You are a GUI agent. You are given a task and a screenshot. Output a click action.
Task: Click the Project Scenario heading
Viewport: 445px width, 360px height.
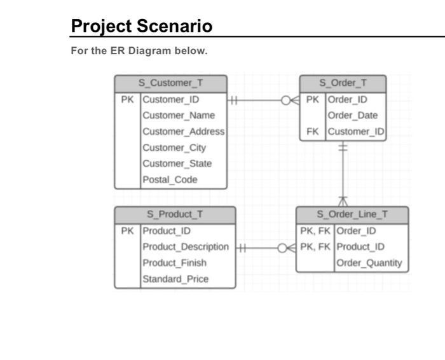click(141, 26)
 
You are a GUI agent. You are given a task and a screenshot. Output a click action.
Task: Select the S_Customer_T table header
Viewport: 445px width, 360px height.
click(170, 83)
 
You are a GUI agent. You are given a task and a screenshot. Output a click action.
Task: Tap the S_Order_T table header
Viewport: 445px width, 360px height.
click(343, 83)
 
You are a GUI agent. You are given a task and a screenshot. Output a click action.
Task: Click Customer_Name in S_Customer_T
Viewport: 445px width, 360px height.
click(179, 115)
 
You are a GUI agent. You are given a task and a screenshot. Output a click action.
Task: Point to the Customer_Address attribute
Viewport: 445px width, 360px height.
click(183, 132)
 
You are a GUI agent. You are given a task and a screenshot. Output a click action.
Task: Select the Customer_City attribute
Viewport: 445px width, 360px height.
click(174, 148)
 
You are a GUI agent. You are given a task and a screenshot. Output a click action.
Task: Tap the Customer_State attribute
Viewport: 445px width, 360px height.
click(177, 163)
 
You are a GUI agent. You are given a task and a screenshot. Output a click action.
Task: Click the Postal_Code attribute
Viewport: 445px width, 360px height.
click(170, 179)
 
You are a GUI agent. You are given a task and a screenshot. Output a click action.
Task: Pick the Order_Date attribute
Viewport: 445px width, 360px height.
click(353, 115)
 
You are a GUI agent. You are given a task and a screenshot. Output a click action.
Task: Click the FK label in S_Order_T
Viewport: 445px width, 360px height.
click(312, 132)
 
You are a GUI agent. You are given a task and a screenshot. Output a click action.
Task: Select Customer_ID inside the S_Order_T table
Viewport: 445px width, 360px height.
click(356, 132)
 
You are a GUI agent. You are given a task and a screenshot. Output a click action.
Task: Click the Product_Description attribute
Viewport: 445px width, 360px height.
click(186, 247)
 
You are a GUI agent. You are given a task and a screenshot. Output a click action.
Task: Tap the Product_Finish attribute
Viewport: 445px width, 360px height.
click(174, 263)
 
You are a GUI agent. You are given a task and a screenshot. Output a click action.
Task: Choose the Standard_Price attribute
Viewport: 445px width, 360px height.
click(175, 279)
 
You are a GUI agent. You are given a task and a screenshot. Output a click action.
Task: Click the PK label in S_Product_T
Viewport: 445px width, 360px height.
click(127, 231)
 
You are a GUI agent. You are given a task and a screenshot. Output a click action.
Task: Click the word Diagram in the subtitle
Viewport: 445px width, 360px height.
click(148, 51)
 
